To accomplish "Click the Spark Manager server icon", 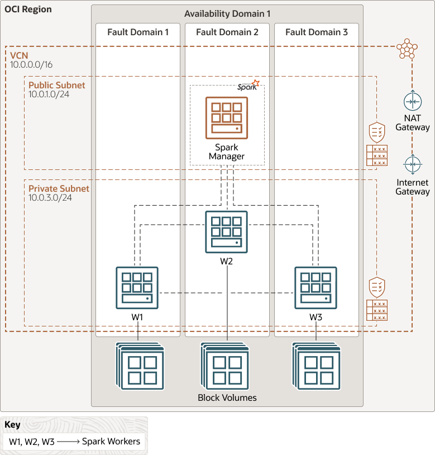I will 226,117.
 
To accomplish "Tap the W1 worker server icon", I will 137,287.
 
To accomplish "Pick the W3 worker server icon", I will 316,287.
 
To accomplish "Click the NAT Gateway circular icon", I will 413,102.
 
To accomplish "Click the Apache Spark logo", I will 248,86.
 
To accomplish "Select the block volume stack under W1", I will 141,367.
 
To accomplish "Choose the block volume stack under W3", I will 317,367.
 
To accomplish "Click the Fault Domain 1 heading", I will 138,32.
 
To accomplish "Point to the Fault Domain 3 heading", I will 317,32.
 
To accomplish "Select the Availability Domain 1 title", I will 227,13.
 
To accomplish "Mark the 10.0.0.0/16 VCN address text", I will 31,65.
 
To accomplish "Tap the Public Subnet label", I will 57,85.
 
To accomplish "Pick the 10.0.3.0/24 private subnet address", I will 50,198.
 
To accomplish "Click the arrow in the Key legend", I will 68,442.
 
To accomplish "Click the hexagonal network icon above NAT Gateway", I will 407,49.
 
